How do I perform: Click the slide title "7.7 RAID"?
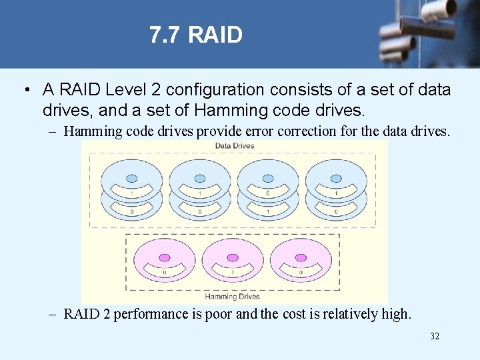[x=196, y=35]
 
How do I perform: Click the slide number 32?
[x=435, y=337]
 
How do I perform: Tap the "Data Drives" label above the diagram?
[x=234, y=146]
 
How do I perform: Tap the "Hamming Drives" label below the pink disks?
[x=232, y=296]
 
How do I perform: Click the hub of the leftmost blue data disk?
[x=132, y=179]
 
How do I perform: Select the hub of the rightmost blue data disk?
[x=336, y=179]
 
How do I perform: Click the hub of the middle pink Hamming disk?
[x=232, y=257]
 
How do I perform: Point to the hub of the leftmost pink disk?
[x=164, y=257]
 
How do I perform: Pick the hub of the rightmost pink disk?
[x=301, y=257]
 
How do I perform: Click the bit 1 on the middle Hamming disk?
[x=232, y=272]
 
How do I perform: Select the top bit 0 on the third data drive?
[x=268, y=193]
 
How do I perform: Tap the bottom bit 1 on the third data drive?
[x=268, y=211]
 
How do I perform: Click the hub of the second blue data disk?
[x=200, y=179]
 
